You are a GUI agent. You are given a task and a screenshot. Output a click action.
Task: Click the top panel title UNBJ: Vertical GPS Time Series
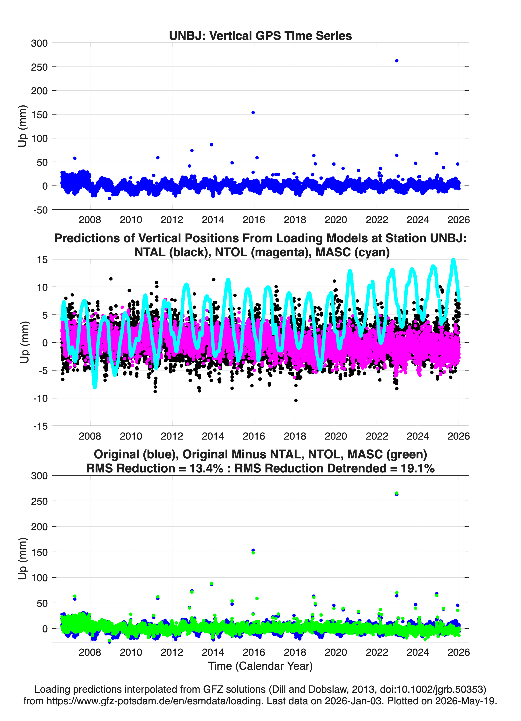[260, 36]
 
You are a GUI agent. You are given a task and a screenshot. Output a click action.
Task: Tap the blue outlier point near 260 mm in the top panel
[397, 61]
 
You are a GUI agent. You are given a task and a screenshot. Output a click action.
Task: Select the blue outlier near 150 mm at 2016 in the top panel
[253, 112]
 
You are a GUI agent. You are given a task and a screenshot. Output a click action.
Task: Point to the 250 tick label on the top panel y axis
[39, 67]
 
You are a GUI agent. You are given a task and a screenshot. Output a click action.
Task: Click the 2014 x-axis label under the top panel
[213, 220]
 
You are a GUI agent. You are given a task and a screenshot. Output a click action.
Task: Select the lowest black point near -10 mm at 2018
[296, 401]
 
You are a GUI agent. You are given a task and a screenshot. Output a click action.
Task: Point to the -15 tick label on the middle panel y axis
[40, 426]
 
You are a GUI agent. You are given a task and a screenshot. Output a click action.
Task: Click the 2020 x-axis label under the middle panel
[336, 436]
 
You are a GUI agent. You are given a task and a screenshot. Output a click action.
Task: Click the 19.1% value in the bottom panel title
[418, 468]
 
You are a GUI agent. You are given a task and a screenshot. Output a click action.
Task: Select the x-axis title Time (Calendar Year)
[260, 666]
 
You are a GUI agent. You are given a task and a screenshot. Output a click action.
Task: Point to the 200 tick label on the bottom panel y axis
[39, 527]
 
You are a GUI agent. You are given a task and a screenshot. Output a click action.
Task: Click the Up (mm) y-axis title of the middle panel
[24, 342]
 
